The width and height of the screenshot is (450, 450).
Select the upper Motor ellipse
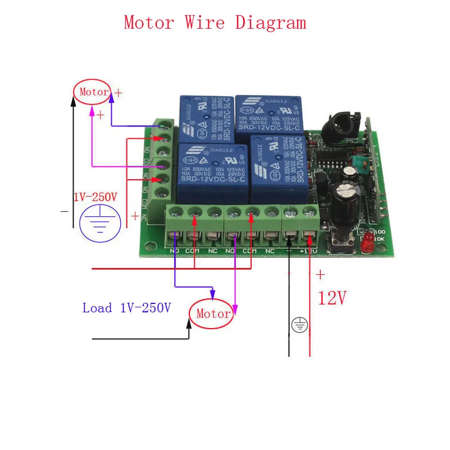tap(93, 92)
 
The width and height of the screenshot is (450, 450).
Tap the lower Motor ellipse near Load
tap(213, 313)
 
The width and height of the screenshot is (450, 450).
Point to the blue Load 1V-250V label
tap(126, 308)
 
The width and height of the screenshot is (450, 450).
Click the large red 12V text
tap(331, 298)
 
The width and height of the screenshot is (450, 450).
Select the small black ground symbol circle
tap(299, 324)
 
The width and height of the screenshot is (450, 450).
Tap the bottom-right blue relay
tap(275, 169)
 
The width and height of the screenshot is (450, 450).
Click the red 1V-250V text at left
tap(96, 197)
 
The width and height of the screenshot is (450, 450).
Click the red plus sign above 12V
tap(320, 275)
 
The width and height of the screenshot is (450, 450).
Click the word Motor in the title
tap(149, 23)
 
